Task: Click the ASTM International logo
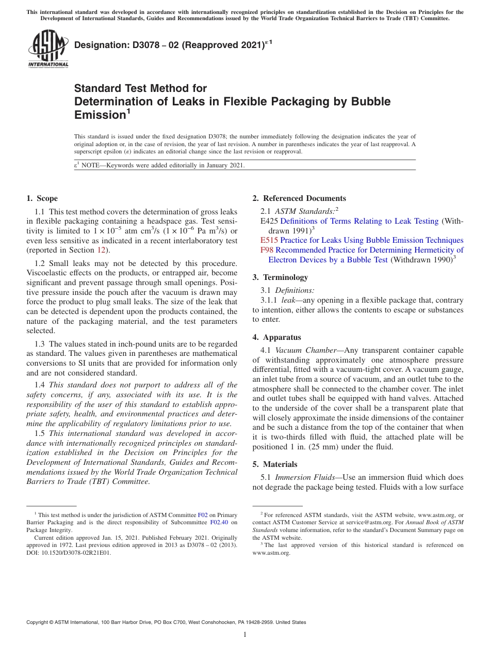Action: click(48, 49)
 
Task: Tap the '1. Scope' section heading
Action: click(42, 198)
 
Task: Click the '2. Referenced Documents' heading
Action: click(299, 198)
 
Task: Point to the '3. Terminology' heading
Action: click(280, 277)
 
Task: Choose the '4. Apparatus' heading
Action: click(276, 337)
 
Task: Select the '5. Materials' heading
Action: click(275, 464)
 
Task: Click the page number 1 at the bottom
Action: click(245, 635)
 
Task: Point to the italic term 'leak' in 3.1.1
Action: click(289, 300)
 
